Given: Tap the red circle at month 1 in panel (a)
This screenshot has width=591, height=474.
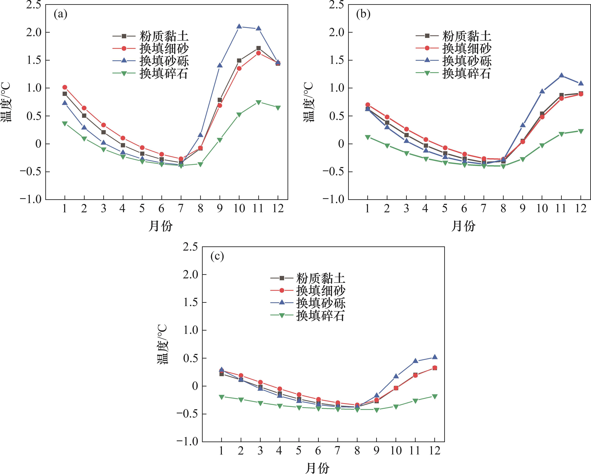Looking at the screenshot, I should click(65, 87).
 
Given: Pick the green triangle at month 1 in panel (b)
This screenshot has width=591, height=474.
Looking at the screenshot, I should click(368, 137).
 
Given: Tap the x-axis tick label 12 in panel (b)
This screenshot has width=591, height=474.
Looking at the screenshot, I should click(580, 209).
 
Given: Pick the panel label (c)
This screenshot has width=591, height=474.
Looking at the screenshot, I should click(217, 256).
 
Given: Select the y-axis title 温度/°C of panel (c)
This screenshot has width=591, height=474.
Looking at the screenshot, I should click(162, 344).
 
